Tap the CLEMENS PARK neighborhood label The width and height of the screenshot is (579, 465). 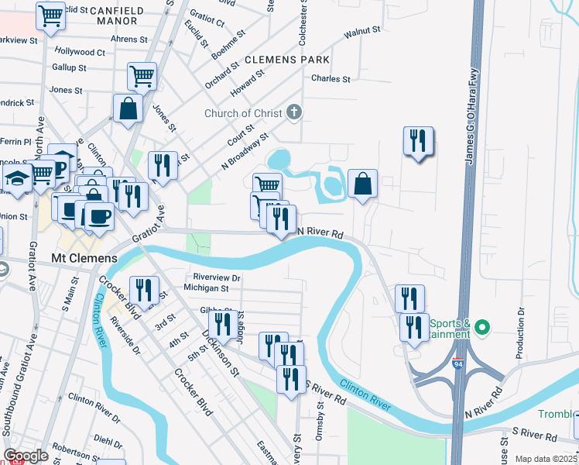click(x=287, y=60)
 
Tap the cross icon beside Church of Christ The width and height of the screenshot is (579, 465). click(x=293, y=113)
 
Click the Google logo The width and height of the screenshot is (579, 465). click(x=26, y=456)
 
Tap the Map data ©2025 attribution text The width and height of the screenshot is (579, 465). click(x=545, y=459)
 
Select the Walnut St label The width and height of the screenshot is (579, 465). click(x=362, y=31)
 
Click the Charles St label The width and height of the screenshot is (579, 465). click(x=331, y=79)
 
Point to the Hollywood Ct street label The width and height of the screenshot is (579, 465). click(x=80, y=52)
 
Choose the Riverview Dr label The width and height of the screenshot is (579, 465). click(x=214, y=277)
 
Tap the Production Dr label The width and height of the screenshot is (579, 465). click(x=521, y=334)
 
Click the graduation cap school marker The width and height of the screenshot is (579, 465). click(x=16, y=178)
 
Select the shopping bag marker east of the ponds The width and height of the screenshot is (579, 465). click(x=362, y=184)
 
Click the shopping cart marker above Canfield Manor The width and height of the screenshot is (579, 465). click(x=51, y=15)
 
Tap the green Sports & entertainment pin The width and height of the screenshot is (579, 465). click(x=482, y=328)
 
